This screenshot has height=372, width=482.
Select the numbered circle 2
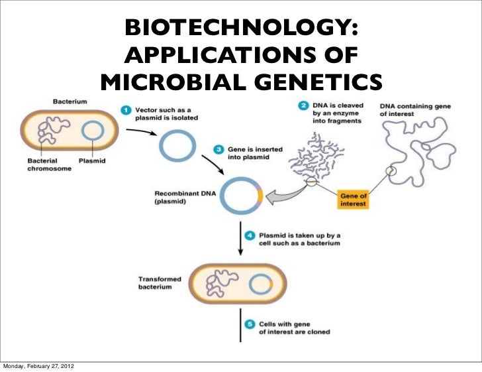pos(303,106)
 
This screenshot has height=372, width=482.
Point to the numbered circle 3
pos(217,150)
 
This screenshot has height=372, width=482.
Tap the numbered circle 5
pos(248,324)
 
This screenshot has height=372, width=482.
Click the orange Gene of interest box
pos(353,200)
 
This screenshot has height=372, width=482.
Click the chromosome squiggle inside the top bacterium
pos(50,131)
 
